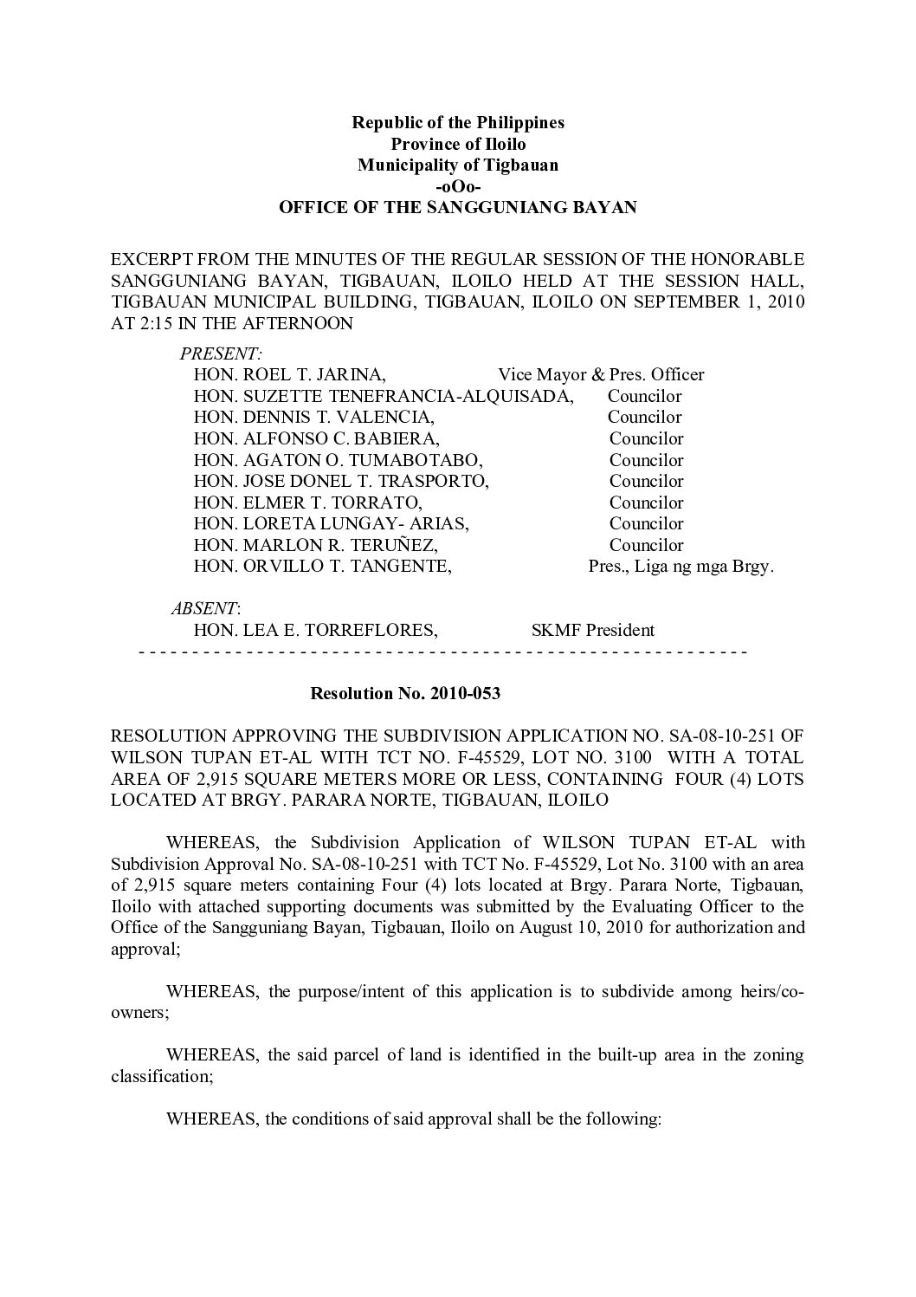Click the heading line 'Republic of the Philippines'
457,122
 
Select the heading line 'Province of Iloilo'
457,144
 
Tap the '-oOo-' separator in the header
457,186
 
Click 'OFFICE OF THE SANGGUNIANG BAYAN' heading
457,208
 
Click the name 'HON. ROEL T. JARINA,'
289,375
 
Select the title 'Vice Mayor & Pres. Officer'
601,375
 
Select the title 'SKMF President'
592,631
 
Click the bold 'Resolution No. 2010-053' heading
405,694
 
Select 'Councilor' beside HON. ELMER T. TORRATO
646,503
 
